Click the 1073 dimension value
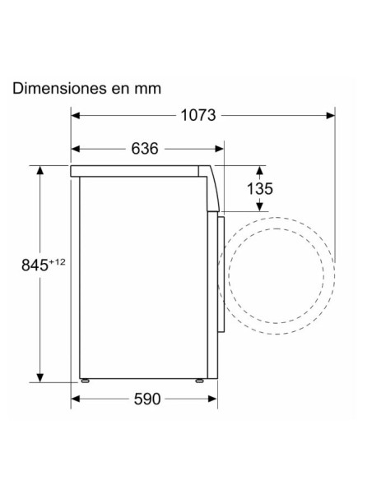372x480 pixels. [198, 115]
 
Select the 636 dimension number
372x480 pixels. [144, 149]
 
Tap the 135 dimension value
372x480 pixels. [259, 189]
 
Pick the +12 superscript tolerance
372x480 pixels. [57, 261]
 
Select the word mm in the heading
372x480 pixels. [149, 88]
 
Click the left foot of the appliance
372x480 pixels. [84, 381]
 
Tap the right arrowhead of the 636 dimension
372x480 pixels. [220, 149]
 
